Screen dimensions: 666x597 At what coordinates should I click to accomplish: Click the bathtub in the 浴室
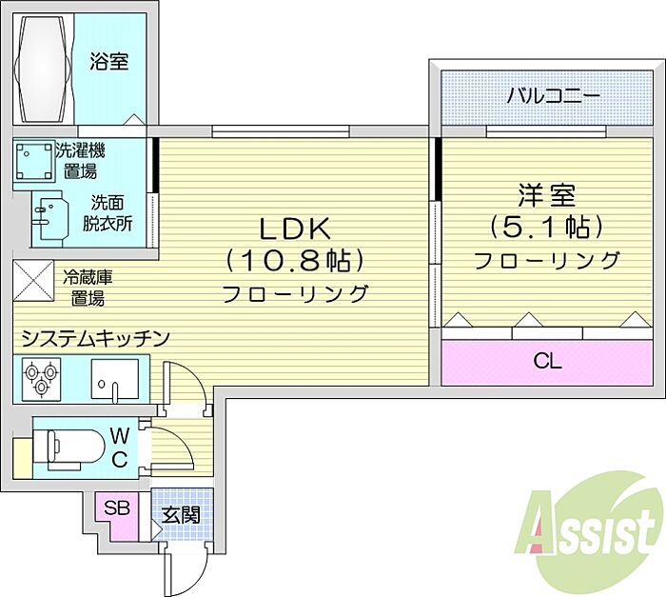(x=43, y=69)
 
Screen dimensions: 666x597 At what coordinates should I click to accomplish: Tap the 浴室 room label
(x=109, y=62)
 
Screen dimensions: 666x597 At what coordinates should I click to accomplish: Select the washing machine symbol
(x=34, y=162)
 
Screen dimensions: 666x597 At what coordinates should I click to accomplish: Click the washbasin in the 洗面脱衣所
(x=51, y=218)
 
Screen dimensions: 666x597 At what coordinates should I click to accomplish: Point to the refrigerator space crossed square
(x=33, y=280)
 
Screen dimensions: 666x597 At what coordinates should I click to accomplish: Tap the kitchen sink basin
(x=115, y=379)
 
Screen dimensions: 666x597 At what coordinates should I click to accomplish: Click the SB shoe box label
(x=117, y=507)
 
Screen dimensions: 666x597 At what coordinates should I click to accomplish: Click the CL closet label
(x=547, y=362)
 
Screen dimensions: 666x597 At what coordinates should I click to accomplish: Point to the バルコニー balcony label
(x=554, y=95)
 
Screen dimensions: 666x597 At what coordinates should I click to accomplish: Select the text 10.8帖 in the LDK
(x=295, y=261)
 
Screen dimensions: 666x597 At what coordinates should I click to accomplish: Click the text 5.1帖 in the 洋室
(x=547, y=227)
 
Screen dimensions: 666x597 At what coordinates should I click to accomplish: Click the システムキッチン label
(x=95, y=338)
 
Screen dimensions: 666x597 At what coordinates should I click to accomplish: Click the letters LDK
(x=295, y=229)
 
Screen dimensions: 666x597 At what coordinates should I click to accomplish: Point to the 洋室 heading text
(x=547, y=195)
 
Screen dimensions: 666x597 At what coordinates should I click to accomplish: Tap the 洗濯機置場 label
(x=80, y=161)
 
